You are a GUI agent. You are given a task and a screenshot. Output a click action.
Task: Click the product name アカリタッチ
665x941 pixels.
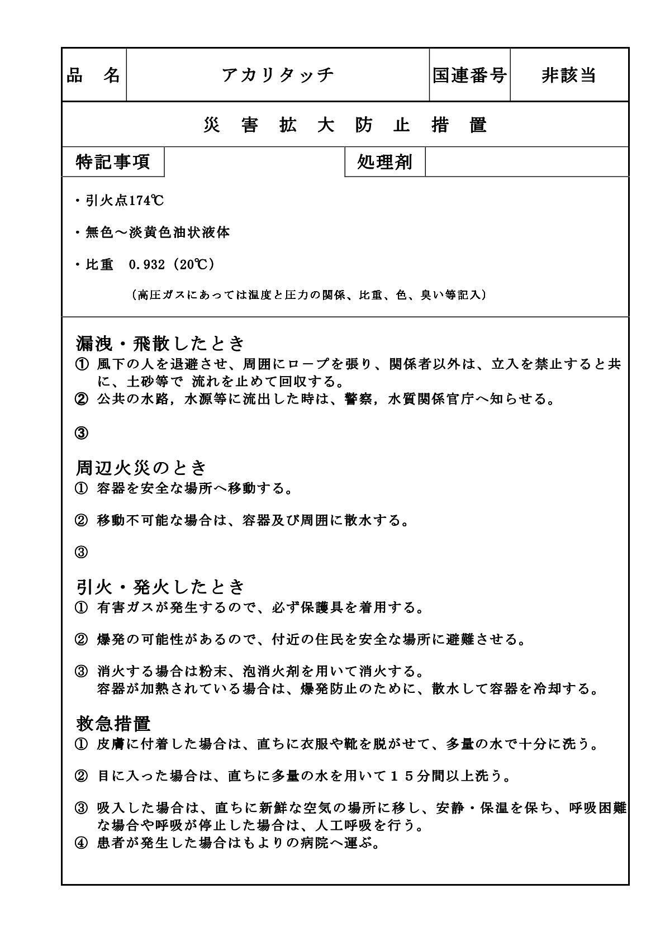pos(278,75)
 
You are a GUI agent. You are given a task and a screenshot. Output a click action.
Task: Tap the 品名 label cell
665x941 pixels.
pos(94,75)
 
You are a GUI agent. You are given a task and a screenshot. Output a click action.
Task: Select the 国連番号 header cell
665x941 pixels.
pos(469,75)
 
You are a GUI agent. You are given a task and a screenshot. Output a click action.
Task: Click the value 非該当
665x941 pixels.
pos(569,75)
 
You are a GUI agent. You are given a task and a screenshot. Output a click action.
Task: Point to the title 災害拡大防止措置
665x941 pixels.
pos(345,125)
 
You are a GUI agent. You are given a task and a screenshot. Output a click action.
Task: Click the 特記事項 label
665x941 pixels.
pos(113,162)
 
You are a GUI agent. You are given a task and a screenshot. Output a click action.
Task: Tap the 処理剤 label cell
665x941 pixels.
pos(384,162)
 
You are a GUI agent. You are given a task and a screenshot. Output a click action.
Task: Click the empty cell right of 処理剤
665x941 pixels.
pos(526,162)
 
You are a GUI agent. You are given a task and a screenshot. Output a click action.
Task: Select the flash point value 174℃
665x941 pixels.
pos(147,201)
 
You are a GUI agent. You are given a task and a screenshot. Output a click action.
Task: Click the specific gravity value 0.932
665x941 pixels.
pos(147,265)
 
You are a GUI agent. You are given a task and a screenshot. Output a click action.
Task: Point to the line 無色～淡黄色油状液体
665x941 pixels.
pos(157,233)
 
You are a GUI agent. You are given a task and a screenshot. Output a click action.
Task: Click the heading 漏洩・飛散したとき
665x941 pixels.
pos(160,343)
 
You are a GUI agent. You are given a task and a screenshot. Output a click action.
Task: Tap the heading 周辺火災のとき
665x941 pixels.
pos(141,467)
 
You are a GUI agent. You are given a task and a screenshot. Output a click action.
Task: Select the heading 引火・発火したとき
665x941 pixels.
pos(160,587)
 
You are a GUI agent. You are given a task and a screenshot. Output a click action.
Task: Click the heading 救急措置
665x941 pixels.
pos(113,724)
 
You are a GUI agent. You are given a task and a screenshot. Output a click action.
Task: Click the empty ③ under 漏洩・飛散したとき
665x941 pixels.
pos(81,433)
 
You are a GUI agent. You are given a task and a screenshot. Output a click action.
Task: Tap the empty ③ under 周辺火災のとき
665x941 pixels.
pos(81,553)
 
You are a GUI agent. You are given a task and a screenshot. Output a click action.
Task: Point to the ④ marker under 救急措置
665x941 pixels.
pos(81,843)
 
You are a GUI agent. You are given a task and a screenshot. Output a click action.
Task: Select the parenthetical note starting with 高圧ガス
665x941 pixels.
pos(309,295)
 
